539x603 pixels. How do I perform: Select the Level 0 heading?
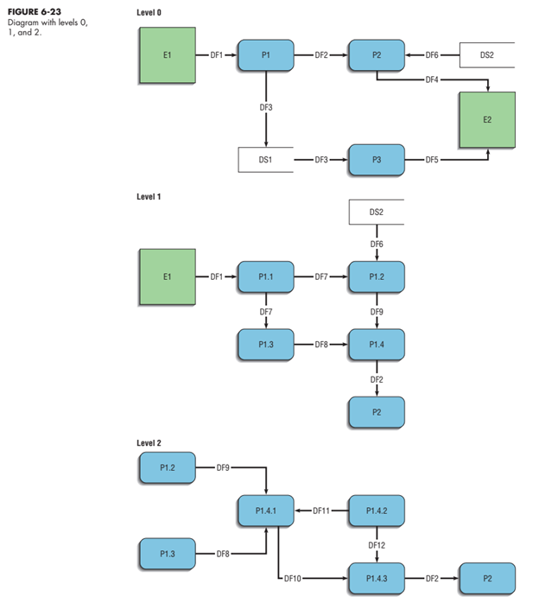pos(149,13)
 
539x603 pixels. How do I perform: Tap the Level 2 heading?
pos(149,442)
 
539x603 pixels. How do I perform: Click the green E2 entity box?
pos(487,119)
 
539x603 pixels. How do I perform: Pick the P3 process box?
pos(376,161)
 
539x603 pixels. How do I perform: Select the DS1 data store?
pos(265,161)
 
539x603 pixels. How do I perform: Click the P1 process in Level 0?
pos(265,54)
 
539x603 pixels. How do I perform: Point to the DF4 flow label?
pos(432,80)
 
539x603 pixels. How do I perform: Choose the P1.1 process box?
pos(265,276)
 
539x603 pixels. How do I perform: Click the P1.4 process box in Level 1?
pos(376,344)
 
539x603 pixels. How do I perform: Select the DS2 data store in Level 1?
pos(376,212)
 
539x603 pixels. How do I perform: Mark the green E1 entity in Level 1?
pos(167,276)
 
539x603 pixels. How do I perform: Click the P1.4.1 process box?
pos(265,511)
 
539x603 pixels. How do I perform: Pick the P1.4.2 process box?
pos(376,511)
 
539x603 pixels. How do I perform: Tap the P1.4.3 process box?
pos(376,576)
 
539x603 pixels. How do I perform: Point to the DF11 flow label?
pos(321,511)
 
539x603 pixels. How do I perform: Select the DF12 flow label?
pos(376,545)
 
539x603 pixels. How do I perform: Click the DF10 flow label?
pos(292,576)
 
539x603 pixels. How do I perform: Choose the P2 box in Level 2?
pos(487,576)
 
